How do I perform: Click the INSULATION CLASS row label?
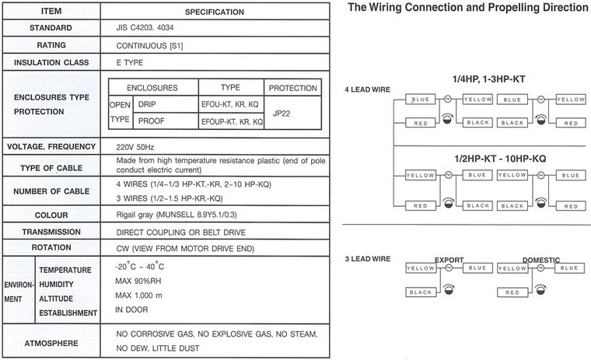(x=51, y=62)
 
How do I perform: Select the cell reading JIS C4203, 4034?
(x=145, y=27)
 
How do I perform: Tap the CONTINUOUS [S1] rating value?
(x=149, y=46)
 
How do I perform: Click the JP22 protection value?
(x=282, y=114)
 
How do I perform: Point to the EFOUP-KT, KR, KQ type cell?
(x=232, y=122)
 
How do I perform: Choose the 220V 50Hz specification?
(x=135, y=147)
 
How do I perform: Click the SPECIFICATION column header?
(x=215, y=12)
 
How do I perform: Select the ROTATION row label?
(x=51, y=248)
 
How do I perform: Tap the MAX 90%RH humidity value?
(x=133, y=281)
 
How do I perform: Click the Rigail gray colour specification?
(x=177, y=215)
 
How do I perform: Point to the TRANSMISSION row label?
(x=51, y=232)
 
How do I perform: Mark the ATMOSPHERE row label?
(x=51, y=344)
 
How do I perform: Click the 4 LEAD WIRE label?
(x=368, y=89)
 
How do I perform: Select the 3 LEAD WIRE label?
(x=368, y=259)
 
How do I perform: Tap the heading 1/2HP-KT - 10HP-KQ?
(x=500, y=159)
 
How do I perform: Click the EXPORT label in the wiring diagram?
(x=449, y=260)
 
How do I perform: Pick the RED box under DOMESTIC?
(x=512, y=292)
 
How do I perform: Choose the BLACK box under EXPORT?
(x=421, y=292)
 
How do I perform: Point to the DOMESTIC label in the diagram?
(x=541, y=260)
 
